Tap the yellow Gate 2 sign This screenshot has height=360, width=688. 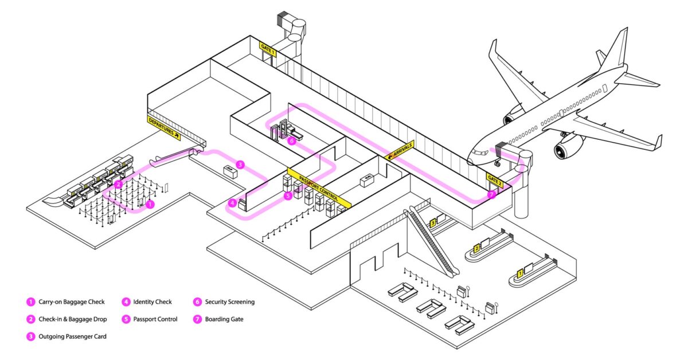pyautogui.click(x=494, y=178)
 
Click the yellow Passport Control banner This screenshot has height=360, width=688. pyautogui.click(x=319, y=187)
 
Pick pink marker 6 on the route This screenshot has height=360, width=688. pyautogui.click(x=292, y=140)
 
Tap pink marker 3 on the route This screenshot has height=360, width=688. pyautogui.click(x=240, y=165)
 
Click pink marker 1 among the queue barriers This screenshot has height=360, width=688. pyautogui.click(x=150, y=204)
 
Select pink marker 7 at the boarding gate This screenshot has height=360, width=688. pyautogui.click(x=491, y=195)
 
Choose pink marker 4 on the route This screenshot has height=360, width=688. pyautogui.click(x=232, y=202)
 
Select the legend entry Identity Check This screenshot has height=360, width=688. pyautogui.click(x=152, y=302)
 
